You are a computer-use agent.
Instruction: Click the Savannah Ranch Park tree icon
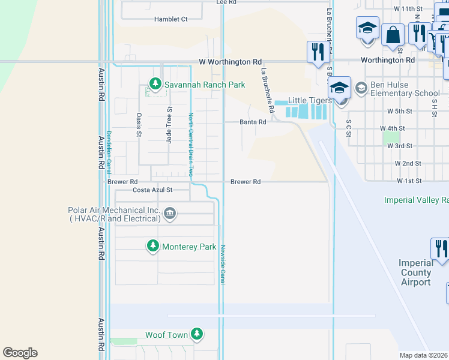155,84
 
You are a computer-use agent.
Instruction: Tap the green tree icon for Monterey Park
153,246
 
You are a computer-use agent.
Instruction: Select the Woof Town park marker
196,334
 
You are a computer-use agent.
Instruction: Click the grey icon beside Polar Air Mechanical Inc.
170,214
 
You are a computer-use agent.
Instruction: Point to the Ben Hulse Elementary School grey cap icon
361,89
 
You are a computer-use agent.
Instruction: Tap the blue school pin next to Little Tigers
339,88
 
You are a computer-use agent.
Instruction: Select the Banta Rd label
253,122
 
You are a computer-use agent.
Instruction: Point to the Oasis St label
139,125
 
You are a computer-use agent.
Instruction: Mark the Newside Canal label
222,265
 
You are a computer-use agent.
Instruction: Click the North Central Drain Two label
191,144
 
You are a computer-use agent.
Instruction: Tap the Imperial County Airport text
416,272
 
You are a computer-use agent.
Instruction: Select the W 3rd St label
400,146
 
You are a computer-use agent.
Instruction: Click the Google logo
20,353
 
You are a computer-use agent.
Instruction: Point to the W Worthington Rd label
231,62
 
